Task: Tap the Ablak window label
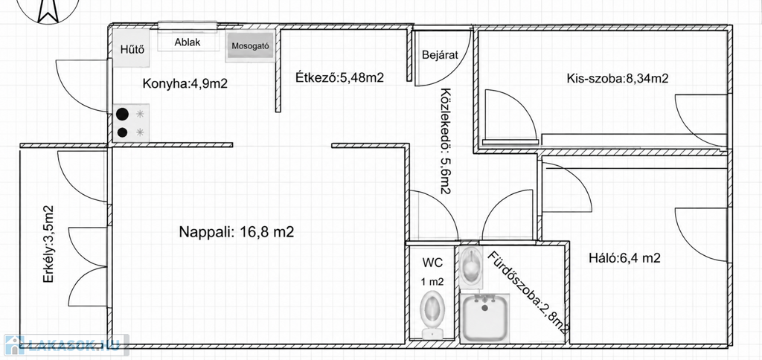point(188,42)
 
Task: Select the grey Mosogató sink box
point(250,47)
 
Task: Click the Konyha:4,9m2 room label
point(185,83)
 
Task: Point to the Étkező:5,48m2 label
point(339,77)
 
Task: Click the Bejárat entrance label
point(441,55)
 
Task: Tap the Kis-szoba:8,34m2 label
point(617,78)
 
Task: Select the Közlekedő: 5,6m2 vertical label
point(445,141)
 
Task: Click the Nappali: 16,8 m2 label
point(236,232)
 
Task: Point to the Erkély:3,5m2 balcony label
point(48,245)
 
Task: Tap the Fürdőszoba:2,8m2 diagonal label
point(528,293)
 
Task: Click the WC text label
point(432,263)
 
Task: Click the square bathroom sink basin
point(484,318)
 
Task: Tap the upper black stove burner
point(123,114)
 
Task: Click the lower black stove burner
point(123,132)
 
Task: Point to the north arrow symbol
point(48,10)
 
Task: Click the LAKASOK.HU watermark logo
point(66,345)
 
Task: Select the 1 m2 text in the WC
point(432,281)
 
